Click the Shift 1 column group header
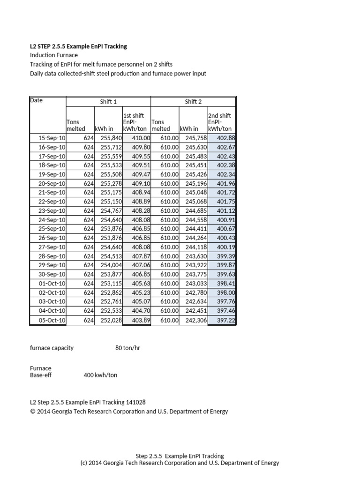[x=108, y=102]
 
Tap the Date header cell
[x=36, y=100]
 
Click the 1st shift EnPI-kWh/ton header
[x=135, y=122]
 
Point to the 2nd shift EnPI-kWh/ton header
[x=220, y=122]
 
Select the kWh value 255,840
[x=111, y=138]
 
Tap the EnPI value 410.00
[x=141, y=138]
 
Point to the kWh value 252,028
[x=111, y=320]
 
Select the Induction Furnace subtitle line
[x=54, y=55]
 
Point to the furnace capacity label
[x=52, y=348]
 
